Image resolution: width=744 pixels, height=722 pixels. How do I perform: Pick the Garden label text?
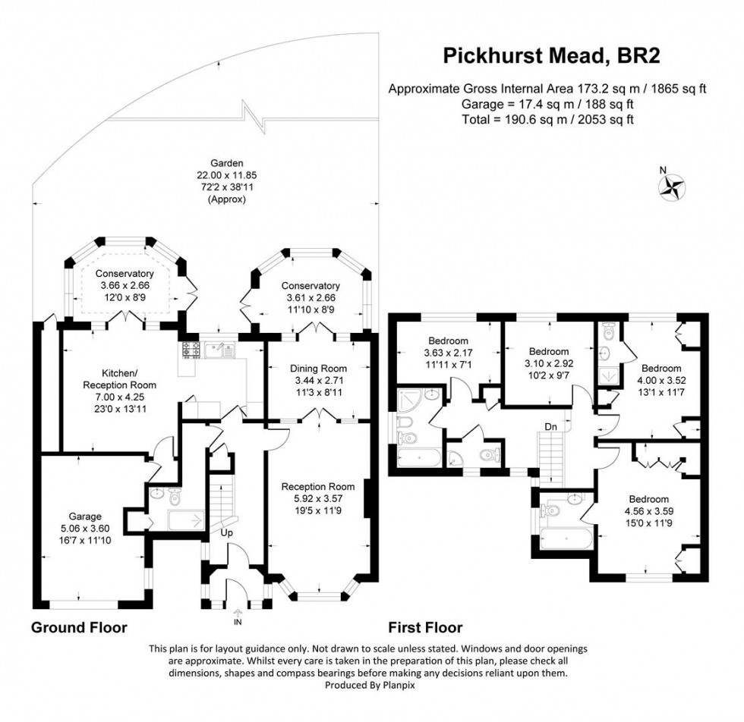[227, 162]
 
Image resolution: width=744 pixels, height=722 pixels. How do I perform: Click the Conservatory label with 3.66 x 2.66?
[125, 274]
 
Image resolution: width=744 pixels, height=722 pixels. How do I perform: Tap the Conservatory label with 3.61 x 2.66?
[310, 285]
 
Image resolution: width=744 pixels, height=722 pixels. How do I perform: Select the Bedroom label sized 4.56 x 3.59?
[648, 499]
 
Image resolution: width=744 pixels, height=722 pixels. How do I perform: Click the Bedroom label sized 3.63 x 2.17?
[448, 341]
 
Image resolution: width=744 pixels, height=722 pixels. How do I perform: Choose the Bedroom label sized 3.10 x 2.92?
[548, 351]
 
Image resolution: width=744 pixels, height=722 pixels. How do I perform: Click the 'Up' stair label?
[226, 533]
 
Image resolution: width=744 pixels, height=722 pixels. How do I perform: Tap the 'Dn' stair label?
[551, 427]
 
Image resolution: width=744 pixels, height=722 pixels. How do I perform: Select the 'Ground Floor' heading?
[78, 628]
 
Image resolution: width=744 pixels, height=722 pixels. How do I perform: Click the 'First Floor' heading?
[425, 628]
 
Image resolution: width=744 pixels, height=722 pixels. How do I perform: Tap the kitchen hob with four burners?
[190, 350]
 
